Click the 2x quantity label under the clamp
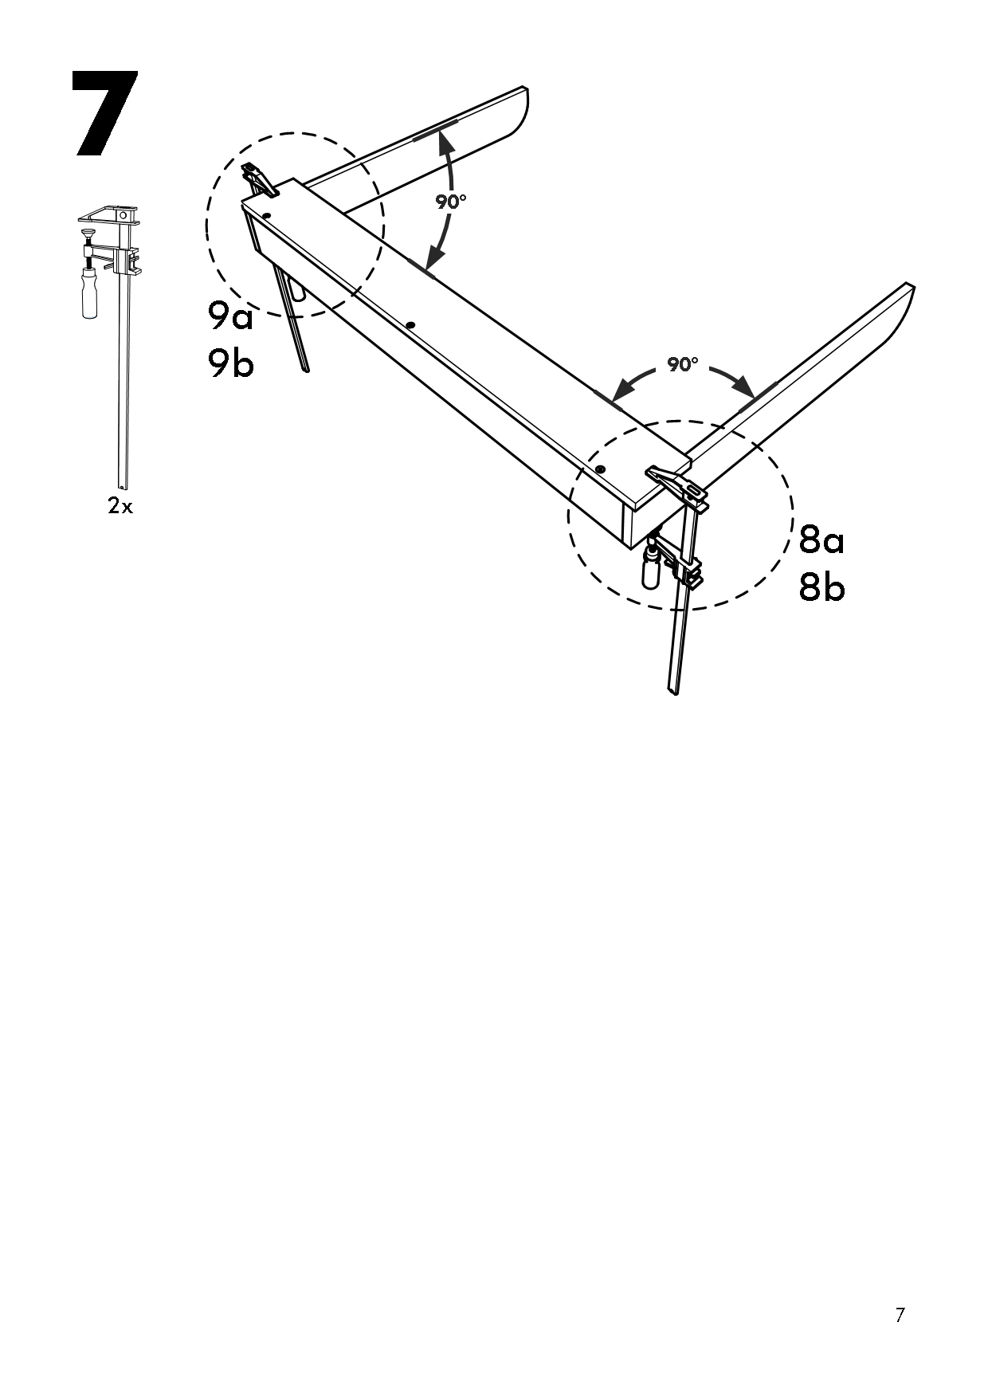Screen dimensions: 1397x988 120,505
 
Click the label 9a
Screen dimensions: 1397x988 230,317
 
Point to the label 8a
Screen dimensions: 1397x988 821,540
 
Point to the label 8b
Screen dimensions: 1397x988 821,588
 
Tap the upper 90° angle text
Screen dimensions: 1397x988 450,202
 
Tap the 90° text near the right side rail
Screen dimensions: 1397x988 682,365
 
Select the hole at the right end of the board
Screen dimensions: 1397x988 600,469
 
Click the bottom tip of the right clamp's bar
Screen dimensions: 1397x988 673,690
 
